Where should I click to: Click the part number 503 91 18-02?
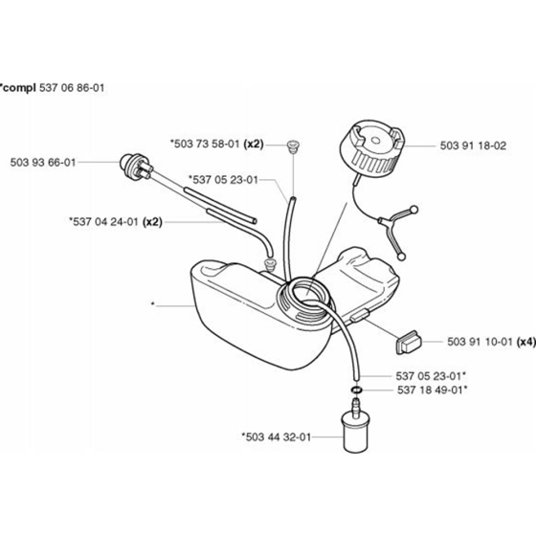point(473,145)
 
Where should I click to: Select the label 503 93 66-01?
point(43,163)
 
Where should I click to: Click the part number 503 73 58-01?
point(207,144)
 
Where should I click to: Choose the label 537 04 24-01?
point(105,222)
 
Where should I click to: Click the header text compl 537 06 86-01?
point(53,88)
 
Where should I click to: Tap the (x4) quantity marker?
point(526,342)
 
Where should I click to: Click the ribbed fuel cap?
point(373,147)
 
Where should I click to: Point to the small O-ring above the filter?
point(356,390)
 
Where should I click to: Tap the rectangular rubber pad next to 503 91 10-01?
point(409,343)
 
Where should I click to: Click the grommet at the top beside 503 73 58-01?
point(293,146)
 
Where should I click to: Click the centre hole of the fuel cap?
point(375,141)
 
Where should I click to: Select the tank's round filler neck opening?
point(304,292)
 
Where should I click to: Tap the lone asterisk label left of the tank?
point(153,304)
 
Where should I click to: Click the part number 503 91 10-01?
point(480,342)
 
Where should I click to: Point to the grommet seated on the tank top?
point(269,266)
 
